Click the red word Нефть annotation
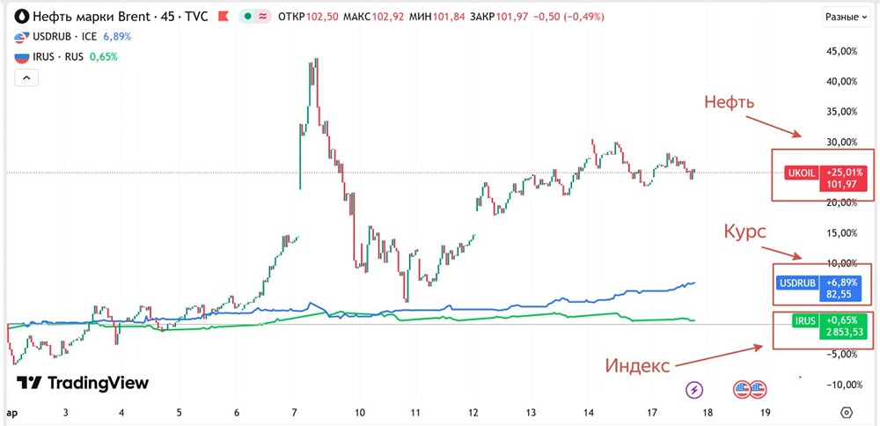730,102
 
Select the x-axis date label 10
360,411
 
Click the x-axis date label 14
589,411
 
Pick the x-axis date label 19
765,411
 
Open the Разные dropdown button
846,16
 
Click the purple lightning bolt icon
695,388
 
